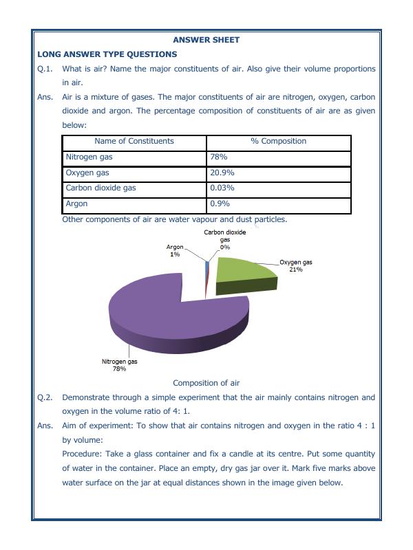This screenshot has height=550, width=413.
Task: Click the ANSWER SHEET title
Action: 206,40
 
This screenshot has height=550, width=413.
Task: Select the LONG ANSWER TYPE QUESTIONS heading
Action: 107,54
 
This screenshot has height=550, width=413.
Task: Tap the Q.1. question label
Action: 45,69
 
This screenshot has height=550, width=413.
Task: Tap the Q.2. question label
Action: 45,397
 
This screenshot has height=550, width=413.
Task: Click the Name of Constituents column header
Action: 134,141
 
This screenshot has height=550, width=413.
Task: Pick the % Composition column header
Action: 278,141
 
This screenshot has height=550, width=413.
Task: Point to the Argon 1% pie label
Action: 175,250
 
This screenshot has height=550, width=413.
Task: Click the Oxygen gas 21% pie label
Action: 296,266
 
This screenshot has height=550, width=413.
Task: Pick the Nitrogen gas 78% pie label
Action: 119,364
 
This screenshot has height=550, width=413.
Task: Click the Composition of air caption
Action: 206,383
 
